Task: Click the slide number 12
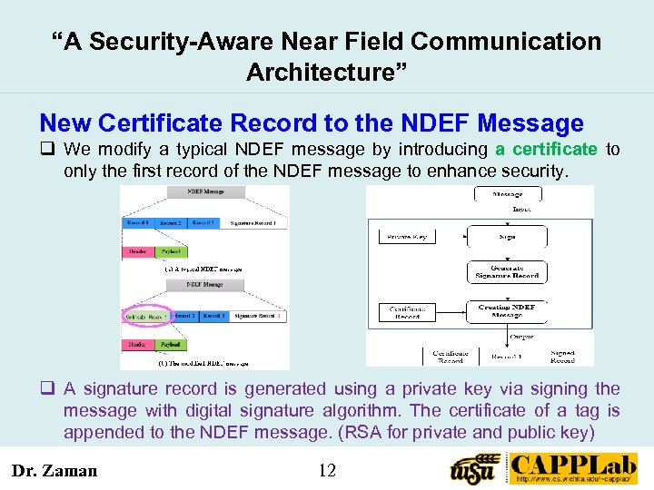[328, 470]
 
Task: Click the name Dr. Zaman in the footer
[54, 470]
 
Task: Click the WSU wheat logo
[475, 467]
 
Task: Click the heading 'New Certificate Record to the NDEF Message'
[312, 123]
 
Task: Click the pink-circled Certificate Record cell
[145, 317]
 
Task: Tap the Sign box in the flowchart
[506, 237]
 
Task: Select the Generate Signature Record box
[506, 272]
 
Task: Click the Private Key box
[406, 237]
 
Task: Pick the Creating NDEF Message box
[506, 312]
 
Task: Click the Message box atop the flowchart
[506, 193]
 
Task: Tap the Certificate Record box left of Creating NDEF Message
[406, 312]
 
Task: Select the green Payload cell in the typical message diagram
[169, 251]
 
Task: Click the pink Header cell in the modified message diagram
[138, 345]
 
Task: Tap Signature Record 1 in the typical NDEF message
[254, 222]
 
